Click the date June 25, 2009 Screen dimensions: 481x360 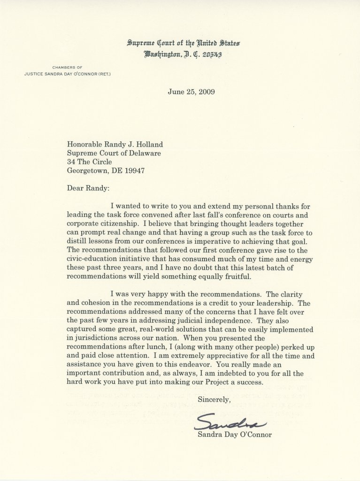(x=191, y=92)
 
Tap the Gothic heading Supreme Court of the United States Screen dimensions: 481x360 (x=184, y=43)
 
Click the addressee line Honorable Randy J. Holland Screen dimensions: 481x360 (x=115, y=145)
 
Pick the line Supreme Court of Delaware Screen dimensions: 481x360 (x=114, y=153)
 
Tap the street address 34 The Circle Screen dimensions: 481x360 (x=90, y=162)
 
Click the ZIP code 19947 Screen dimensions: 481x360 (x=132, y=171)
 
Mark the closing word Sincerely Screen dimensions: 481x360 (x=214, y=400)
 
